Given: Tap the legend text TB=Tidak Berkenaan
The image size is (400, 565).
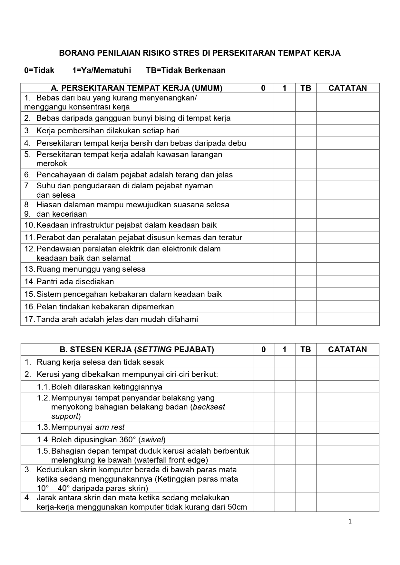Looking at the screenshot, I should point(185,71).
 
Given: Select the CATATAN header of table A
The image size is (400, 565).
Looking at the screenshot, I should point(347,88).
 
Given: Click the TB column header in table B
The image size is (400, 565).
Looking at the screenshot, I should point(306,350).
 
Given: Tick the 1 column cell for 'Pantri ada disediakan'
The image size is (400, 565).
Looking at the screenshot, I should point(284,282).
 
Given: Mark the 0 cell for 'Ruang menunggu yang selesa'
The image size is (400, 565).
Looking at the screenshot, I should point(263,269).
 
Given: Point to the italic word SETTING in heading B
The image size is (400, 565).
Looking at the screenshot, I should point(154,350).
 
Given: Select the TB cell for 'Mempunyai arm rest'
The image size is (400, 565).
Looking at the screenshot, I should point(306,427).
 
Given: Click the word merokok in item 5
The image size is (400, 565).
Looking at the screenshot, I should point(52,164).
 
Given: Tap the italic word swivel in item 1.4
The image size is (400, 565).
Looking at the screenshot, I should point(153,440).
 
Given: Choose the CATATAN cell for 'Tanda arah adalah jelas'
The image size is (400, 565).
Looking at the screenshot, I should point(347,319).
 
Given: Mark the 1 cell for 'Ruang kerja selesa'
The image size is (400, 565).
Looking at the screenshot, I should point(284,362).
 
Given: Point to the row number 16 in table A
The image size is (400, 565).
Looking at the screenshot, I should point(29,307).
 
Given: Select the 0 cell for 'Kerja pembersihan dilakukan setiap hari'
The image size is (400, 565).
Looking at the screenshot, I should point(263,131).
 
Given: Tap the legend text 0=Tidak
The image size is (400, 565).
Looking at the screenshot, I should point(39,71).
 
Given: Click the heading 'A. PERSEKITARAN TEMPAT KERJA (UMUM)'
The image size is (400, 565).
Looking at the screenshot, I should point(137,88).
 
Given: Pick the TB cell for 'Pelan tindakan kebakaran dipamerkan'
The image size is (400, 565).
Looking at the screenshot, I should point(306,307).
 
